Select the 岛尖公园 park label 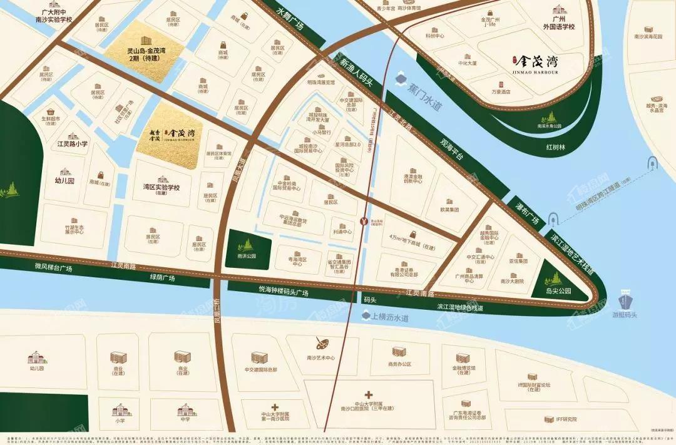(554, 291)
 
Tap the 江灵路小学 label (73, 144)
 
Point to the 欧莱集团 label (449, 210)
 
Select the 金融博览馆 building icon (463, 357)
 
